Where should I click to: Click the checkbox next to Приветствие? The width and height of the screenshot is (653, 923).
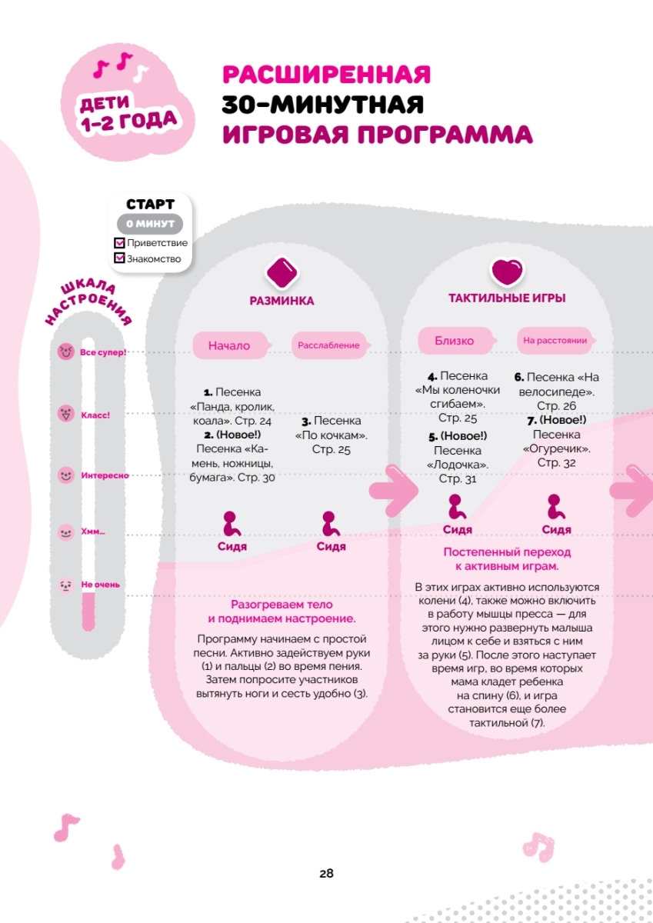click(119, 243)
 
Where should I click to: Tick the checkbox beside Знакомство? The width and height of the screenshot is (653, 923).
click(119, 258)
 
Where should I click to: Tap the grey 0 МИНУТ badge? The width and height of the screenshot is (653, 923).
click(150, 224)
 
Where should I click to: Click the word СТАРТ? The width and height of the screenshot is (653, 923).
click(150, 205)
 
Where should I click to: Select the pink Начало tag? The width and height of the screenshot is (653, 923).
click(229, 345)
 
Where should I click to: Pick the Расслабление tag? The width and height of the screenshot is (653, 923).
click(328, 345)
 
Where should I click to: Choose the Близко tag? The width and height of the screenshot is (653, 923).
click(455, 340)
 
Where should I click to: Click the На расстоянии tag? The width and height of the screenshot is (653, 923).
click(555, 340)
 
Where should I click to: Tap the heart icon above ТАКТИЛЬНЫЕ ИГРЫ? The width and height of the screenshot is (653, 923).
click(507, 272)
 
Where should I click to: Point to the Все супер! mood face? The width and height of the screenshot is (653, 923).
click(65, 352)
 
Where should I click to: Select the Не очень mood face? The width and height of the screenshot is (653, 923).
click(65, 585)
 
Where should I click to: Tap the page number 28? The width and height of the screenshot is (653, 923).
click(326, 874)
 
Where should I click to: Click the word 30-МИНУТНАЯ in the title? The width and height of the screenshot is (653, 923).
click(322, 104)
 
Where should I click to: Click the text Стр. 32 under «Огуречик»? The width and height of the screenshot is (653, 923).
click(556, 463)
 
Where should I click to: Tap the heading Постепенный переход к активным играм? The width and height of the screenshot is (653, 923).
click(507, 559)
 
